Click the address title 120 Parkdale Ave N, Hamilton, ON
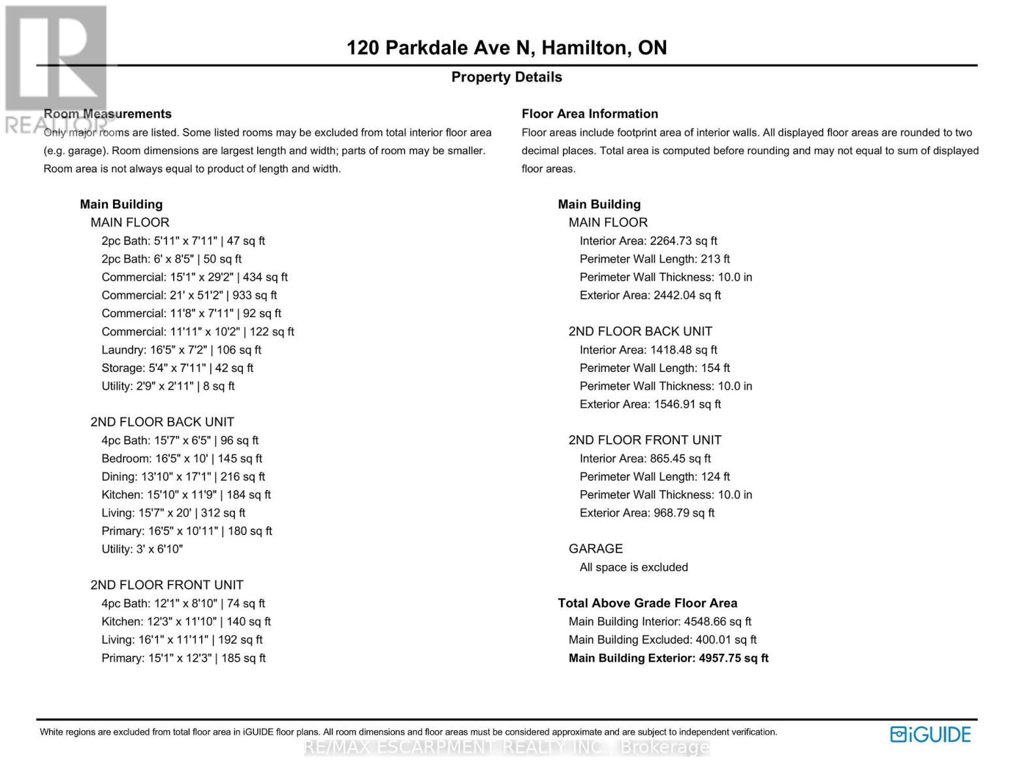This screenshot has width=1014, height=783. click(506, 48)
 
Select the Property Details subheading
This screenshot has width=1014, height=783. click(506, 77)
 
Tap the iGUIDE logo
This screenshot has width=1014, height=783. click(930, 735)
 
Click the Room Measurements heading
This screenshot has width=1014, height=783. click(108, 114)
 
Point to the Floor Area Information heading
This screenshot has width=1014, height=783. click(590, 114)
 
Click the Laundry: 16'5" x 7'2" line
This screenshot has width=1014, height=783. click(181, 350)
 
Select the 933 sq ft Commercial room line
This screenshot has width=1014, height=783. click(189, 295)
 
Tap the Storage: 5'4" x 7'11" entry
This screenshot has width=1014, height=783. click(177, 368)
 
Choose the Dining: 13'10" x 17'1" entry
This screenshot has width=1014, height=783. click(183, 477)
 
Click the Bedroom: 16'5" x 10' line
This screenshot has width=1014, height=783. click(182, 459)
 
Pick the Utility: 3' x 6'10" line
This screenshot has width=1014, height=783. click(142, 549)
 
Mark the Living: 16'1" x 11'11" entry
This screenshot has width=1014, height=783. click(182, 640)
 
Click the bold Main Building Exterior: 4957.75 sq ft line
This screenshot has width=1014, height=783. click(668, 658)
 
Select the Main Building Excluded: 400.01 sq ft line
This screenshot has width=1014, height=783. click(662, 640)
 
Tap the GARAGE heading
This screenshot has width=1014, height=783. click(595, 549)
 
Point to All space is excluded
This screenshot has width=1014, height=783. click(633, 568)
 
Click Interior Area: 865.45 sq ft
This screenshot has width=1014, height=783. click(644, 459)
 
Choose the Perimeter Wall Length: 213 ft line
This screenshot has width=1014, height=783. click(654, 259)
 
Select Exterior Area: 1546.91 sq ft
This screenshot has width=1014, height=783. click(650, 405)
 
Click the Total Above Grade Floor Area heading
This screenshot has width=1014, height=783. click(647, 604)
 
